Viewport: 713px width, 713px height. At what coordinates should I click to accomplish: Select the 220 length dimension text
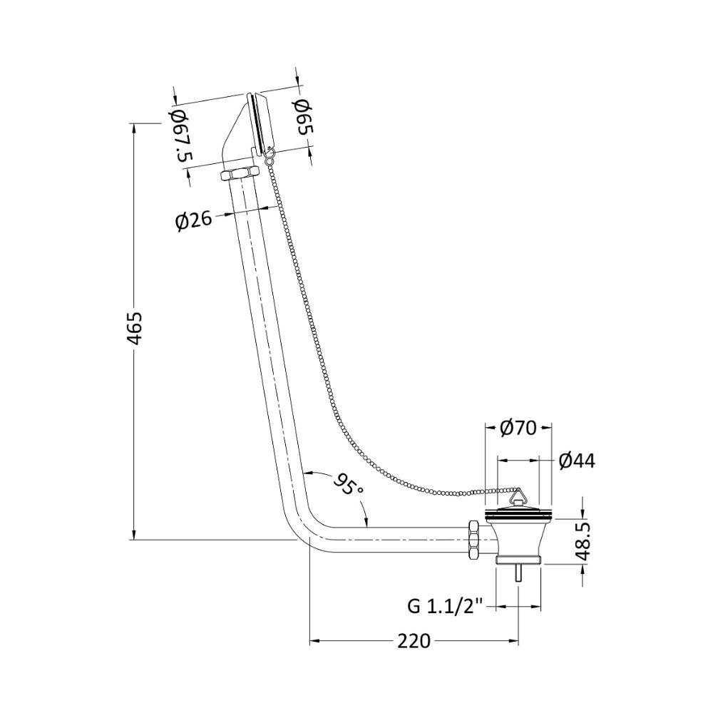414,641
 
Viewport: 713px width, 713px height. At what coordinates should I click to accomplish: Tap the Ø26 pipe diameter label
194,222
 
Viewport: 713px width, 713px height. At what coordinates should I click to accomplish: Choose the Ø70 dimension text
518,428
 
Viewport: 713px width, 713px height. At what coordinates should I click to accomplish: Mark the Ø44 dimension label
577,461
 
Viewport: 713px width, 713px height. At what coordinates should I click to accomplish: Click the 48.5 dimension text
583,541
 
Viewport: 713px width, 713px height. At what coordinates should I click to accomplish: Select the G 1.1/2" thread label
446,607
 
